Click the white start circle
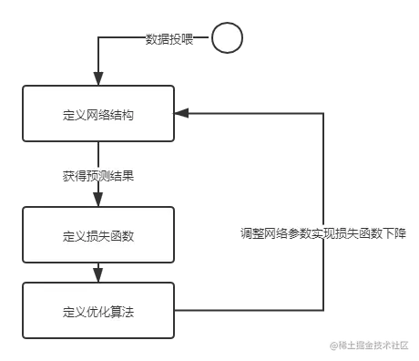click(227, 38)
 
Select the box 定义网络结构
click(98, 114)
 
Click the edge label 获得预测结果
click(98, 175)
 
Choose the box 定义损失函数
click(98, 236)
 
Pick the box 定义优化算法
click(98, 312)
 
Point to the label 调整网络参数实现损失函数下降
click(323, 232)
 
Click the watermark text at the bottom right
click(369, 345)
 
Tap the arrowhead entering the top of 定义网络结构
click(98, 74)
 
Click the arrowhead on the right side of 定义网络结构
click(185, 114)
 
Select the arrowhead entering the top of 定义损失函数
click(98, 195)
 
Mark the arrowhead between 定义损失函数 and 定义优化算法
click(98, 272)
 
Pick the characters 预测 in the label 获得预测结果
click(98, 175)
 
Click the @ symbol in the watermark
click(333, 345)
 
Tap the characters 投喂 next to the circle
click(182, 39)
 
